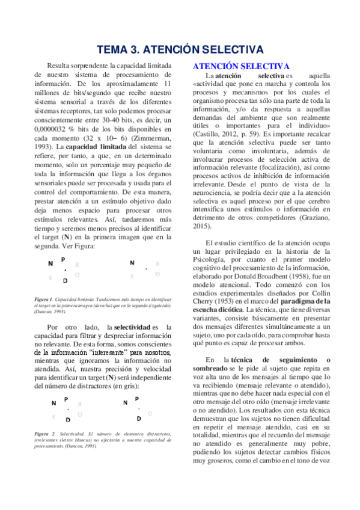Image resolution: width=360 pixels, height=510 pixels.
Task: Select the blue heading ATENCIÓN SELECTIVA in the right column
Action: [240, 66]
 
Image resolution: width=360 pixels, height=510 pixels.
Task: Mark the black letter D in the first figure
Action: [65, 280]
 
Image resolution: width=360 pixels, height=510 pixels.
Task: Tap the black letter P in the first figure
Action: [63, 259]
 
